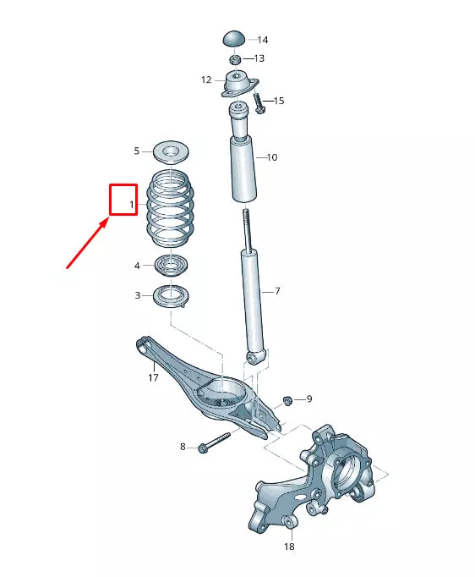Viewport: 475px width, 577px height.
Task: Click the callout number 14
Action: pyautogui.click(x=262, y=40)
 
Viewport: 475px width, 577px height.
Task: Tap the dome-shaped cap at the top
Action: pyautogui.click(x=235, y=38)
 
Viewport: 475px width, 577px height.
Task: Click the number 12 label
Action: pyautogui.click(x=206, y=80)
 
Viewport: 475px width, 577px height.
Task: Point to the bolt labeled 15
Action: pyautogui.click(x=260, y=105)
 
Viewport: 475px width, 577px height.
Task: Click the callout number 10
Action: pyautogui.click(x=271, y=157)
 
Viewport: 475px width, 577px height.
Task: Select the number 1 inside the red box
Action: pyautogui.click(x=132, y=205)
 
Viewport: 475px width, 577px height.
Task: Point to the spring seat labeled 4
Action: pyautogui.click(x=172, y=266)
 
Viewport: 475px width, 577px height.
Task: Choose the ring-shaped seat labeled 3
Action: pyautogui.click(x=172, y=297)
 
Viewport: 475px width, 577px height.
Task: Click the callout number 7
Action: pyautogui.click(x=276, y=291)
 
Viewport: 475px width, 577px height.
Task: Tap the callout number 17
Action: pyautogui.click(x=153, y=378)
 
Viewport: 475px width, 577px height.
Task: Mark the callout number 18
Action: pyautogui.click(x=288, y=547)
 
